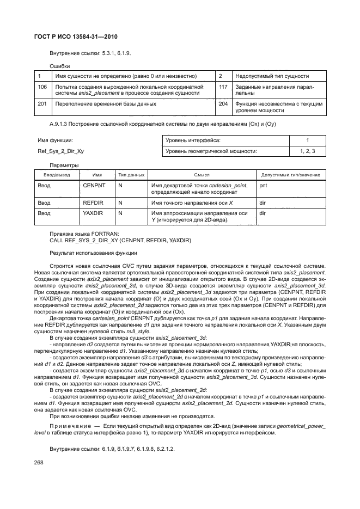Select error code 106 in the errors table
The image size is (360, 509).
(42, 87)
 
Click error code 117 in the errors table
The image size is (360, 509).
(223, 87)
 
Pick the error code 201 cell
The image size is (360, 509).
(42, 103)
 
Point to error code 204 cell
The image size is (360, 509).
(223, 103)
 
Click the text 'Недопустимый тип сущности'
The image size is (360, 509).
(272, 76)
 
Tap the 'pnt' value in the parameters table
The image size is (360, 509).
(264, 185)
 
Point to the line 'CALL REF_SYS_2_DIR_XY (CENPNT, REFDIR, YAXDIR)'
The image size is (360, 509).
(112, 240)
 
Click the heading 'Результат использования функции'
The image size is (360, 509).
(94, 253)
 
